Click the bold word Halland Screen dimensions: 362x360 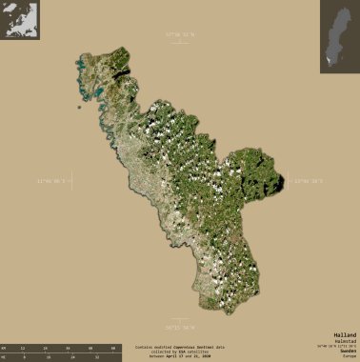point(345,336)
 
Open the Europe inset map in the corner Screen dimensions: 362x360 point(20,20)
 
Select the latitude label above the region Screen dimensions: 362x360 point(179,34)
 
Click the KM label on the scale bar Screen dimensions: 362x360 point(6,350)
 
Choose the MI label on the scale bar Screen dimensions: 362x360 point(6,358)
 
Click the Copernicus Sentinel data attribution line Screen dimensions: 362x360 point(179,348)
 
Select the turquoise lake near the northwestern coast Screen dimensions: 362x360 point(95,93)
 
